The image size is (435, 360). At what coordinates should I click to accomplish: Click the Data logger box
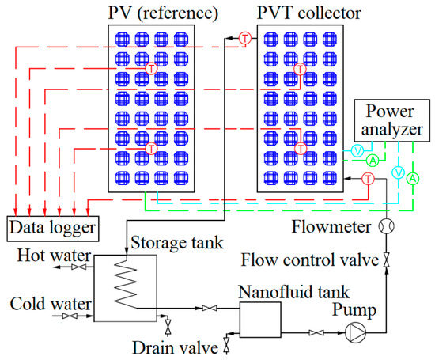click(52, 229)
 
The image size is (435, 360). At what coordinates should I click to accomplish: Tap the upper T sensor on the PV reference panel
click(151, 70)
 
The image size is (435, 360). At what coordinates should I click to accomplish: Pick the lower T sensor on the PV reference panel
click(151, 148)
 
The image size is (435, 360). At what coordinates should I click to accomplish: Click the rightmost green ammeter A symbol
click(411, 179)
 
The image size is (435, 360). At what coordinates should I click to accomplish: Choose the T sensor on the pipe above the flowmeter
click(367, 180)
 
